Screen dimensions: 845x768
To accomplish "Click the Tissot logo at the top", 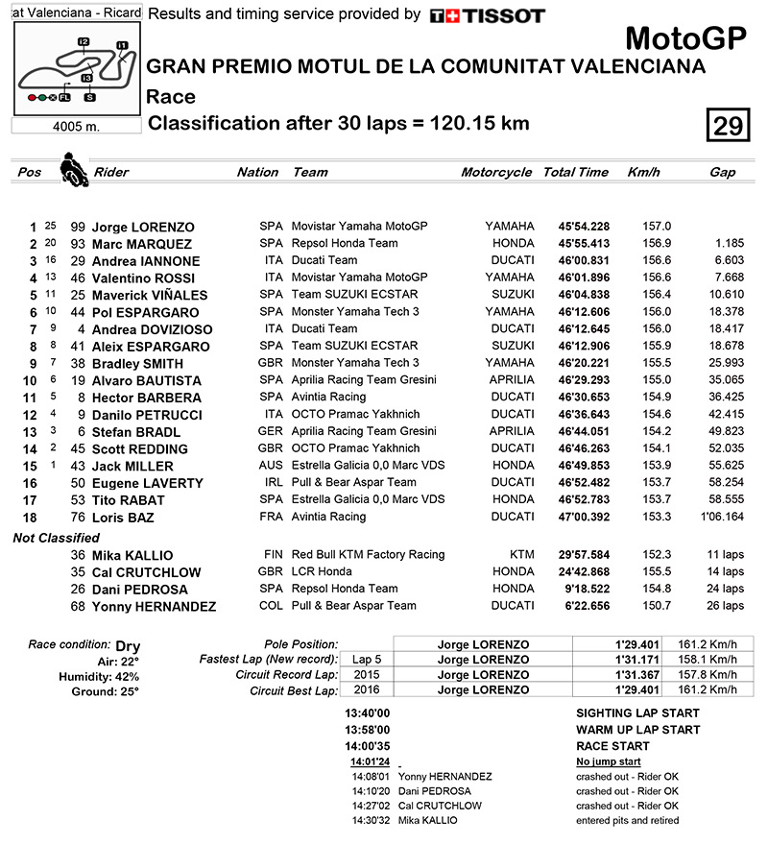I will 487,15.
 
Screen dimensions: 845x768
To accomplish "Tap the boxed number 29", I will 727,126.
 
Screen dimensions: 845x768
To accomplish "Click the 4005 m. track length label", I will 77,125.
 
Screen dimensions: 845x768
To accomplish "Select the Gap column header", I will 723,172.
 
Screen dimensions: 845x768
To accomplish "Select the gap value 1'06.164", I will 723,517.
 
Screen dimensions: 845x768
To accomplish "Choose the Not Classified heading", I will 56,538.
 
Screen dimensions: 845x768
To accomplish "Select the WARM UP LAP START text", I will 637,730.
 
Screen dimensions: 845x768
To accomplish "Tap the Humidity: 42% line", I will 104,675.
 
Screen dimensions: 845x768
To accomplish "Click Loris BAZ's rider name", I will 124,518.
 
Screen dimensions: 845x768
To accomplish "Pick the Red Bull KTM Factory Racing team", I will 368,554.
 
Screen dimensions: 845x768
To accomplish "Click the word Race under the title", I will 171,96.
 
